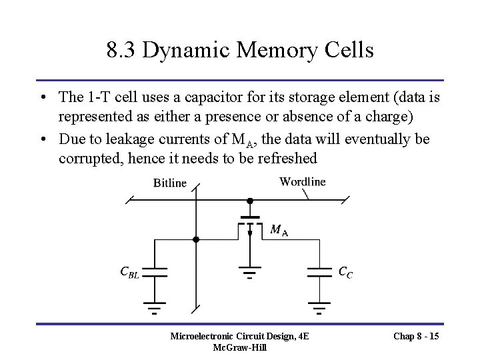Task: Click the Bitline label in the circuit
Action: [x=170, y=183]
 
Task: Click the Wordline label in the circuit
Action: [x=303, y=181]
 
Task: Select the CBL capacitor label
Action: [x=129, y=271]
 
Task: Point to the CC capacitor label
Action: [x=346, y=271]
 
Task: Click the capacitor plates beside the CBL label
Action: [x=155, y=271]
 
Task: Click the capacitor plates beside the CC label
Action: [x=320, y=271]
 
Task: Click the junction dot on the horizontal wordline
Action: [x=249, y=199]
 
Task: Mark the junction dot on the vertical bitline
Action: [x=196, y=239]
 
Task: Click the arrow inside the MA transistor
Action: [x=249, y=233]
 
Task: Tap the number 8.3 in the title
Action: [x=119, y=50]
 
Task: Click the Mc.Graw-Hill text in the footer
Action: [x=239, y=348]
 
